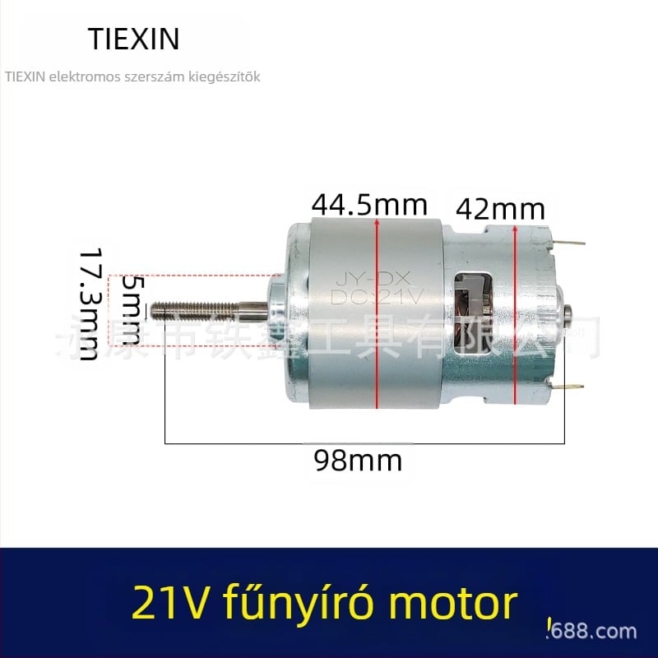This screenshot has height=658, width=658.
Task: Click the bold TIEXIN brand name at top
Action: [132, 38]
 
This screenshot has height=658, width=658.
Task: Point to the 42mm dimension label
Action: [500, 209]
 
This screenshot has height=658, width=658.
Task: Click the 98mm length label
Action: [359, 460]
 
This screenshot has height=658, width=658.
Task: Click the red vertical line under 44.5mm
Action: [376, 313]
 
